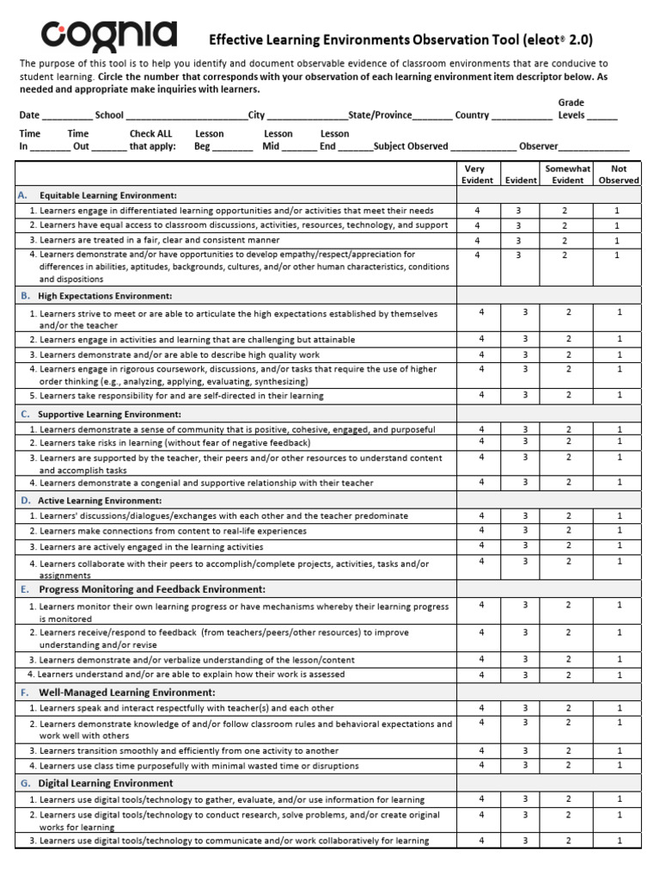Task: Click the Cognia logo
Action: [110, 37]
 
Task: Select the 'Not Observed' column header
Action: [619, 175]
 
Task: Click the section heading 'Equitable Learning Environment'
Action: [107, 195]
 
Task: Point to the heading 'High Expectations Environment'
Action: [105, 295]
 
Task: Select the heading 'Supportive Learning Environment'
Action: [109, 414]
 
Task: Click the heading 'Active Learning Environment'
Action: [100, 500]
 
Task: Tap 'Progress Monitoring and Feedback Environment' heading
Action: [152, 589]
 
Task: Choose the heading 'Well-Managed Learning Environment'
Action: [126, 692]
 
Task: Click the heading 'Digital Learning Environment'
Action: [106, 783]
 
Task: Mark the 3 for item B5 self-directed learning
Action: [525, 395]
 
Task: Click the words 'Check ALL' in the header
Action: [150, 133]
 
